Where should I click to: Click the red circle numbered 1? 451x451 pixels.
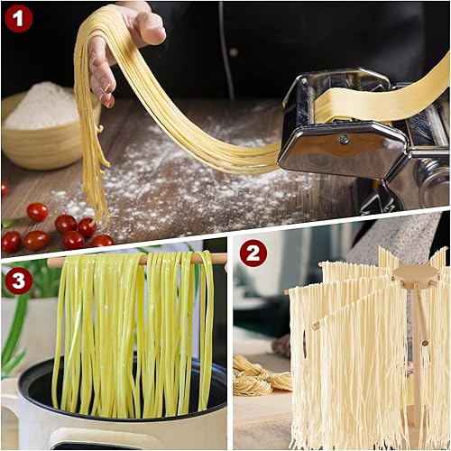click(x=18, y=19)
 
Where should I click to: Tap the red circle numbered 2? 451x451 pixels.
click(x=253, y=253)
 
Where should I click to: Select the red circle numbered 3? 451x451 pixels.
click(x=18, y=281)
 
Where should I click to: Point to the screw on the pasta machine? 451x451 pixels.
click(x=344, y=139)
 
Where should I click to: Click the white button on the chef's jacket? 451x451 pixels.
click(x=234, y=52)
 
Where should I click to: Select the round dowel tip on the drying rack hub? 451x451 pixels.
click(x=414, y=283)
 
